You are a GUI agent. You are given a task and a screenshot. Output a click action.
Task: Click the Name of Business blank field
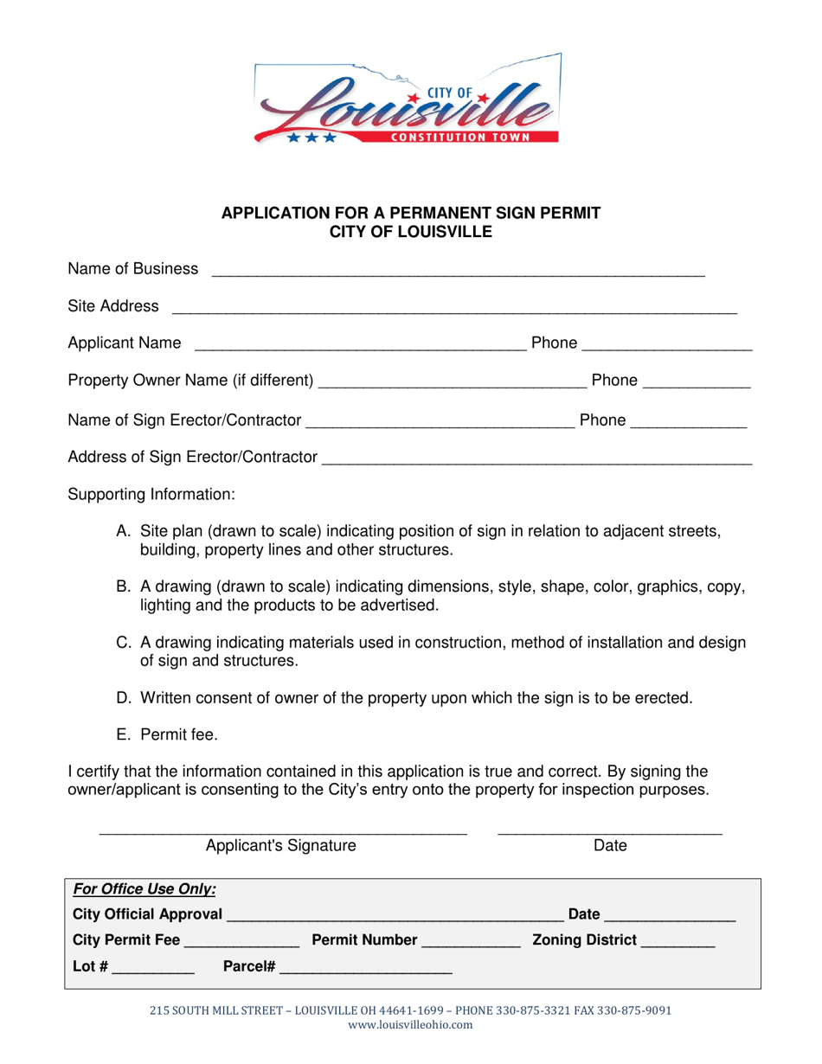pyautogui.click(x=458, y=270)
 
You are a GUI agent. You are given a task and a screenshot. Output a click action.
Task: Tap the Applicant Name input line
pyautogui.click(x=360, y=344)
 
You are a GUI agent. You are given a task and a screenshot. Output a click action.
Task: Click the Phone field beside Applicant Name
pyautogui.click(x=667, y=344)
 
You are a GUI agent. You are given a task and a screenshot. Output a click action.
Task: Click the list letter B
pyautogui.click(x=124, y=587)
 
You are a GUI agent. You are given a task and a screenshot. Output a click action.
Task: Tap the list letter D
pyautogui.click(x=124, y=698)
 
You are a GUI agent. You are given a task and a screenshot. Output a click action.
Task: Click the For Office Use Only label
pyautogui.click(x=144, y=889)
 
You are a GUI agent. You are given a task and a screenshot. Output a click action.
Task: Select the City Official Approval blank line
pyautogui.click(x=395, y=915)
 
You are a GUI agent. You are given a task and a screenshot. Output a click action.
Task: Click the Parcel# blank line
pyautogui.click(x=365, y=969)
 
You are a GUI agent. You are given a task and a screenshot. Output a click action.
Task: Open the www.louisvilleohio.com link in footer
pyautogui.click(x=410, y=1025)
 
